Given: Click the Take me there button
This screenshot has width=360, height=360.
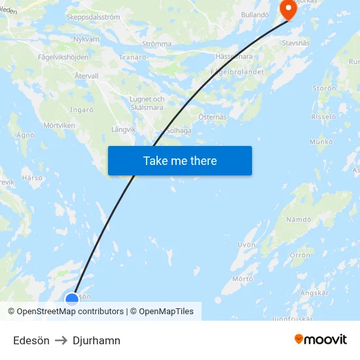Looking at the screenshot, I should coord(179,161).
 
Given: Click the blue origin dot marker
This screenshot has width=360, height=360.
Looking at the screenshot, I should coord(72,299).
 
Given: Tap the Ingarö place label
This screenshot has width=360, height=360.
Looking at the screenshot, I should coord(82,109).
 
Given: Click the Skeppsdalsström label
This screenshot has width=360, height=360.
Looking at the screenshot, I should coord(93,18).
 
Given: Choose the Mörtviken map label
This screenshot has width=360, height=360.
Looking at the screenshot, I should coord(59,125).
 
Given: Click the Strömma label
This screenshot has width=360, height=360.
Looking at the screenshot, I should coord(156,44).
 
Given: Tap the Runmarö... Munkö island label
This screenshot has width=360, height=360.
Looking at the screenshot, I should coord(321,141).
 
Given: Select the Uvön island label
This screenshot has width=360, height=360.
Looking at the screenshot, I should coord(246,245).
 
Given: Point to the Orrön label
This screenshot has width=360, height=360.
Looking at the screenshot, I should coord(300,255).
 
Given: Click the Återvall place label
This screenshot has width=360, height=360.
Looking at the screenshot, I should coord(86,76).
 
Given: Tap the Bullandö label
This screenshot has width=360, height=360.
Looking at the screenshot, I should coord(255,14).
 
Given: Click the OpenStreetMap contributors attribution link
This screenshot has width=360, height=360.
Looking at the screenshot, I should coord(70,312).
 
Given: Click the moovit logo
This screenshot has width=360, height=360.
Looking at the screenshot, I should coord(320,339).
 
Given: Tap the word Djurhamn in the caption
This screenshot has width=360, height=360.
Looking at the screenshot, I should coord(96,340).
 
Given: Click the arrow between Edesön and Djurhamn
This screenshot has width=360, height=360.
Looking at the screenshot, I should coord(61,340).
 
